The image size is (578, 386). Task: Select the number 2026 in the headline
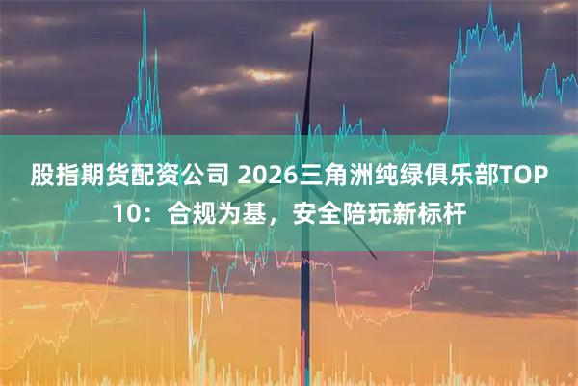point(266,178)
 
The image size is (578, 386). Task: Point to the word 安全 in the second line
point(302,214)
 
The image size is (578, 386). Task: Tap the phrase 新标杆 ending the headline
point(422,214)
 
